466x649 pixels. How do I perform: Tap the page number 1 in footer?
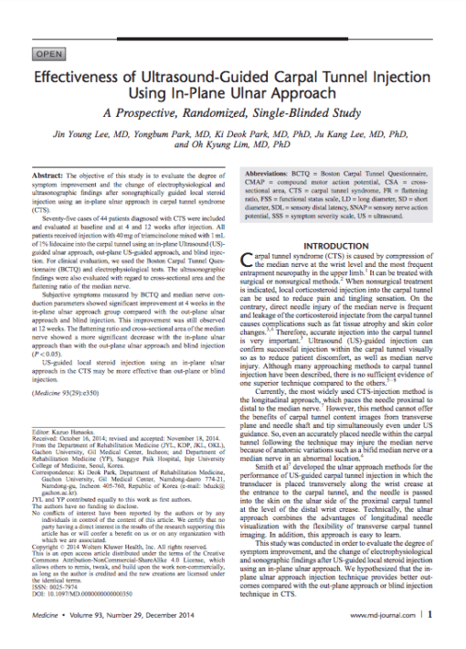(429, 616)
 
